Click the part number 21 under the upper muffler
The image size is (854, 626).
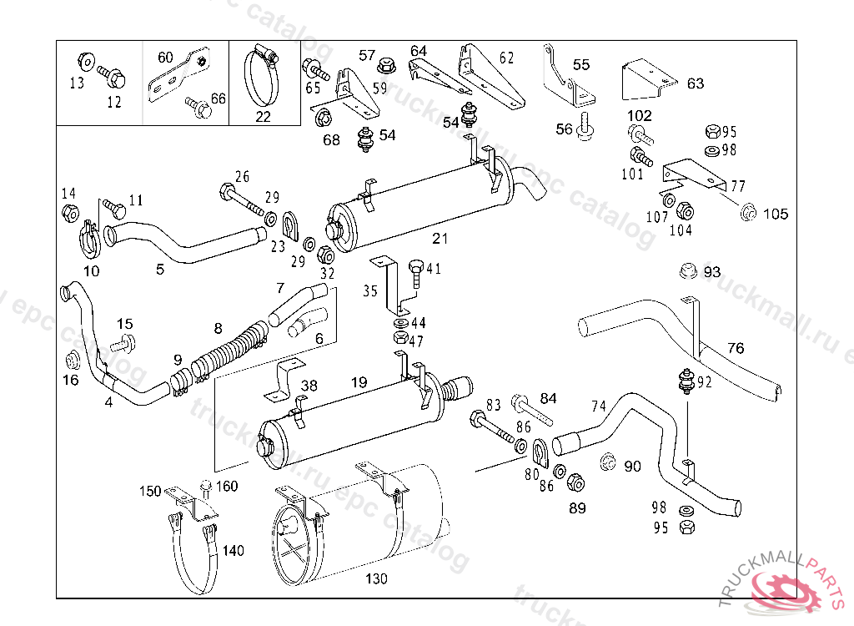pyautogui.click(x=440, y=239)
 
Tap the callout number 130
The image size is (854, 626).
pyautogui.click(x=377, y=578)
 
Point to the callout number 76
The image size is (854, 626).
pyautogui.click(x=735, y=348)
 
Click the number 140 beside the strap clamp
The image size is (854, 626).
pyautogui.click(x=234, y=551)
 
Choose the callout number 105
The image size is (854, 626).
pyautogui.click(x=776, y=215)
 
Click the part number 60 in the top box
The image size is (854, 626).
pyautogui.click(x=166, y=58)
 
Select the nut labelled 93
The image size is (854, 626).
pyautogui.click(x=687, y=271)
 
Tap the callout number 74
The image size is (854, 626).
pyautogui.click(x=599, y=406)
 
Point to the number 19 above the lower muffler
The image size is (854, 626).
pyautogui.click(x=359, y=383)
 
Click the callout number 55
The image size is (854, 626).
pyautogui.click(x=581, y=64)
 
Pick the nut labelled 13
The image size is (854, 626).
pyautogui.click(x=83, y=62)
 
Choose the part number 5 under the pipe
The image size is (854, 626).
pyautogui.click(x=159, y=270)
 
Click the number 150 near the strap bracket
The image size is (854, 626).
pyautogui.click(x=150, y=492)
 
